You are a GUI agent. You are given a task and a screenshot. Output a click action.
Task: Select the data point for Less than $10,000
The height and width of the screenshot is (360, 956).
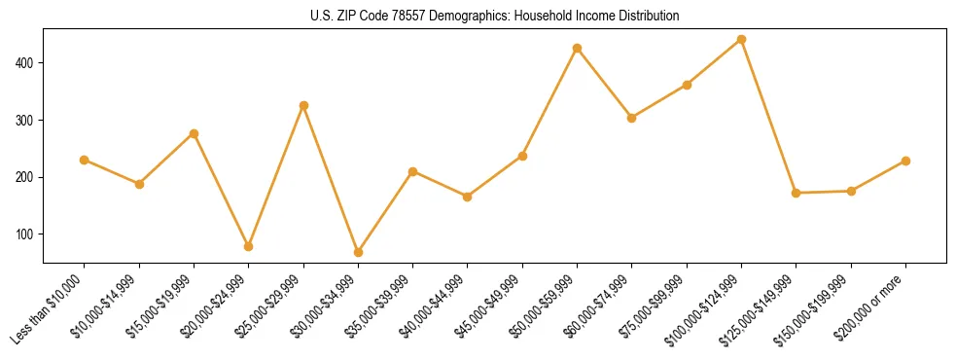(x=85, y=160)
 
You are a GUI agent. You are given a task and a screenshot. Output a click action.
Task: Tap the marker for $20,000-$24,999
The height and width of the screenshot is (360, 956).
(x=249, y=246)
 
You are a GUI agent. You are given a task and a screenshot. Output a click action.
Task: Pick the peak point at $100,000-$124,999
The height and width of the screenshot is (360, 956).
(x=742, y=40)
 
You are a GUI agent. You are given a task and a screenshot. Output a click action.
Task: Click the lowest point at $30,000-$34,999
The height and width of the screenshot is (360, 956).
(x=358, y=252)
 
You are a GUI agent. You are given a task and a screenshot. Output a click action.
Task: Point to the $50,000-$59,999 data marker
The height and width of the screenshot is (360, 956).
(x=578, y=48)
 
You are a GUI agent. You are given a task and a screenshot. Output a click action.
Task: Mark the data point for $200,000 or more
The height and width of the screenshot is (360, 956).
(x=906, y=161)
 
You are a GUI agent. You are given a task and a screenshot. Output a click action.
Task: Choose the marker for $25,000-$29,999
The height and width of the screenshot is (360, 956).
(x=303, y=105)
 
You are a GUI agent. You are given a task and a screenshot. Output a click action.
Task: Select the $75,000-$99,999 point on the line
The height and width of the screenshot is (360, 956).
(x=688, y=85)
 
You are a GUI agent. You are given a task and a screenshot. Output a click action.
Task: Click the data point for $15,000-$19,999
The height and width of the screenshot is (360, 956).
(x=194, y=133)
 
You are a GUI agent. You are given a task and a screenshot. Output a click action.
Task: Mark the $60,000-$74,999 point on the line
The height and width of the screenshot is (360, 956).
(x=632, y=118)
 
